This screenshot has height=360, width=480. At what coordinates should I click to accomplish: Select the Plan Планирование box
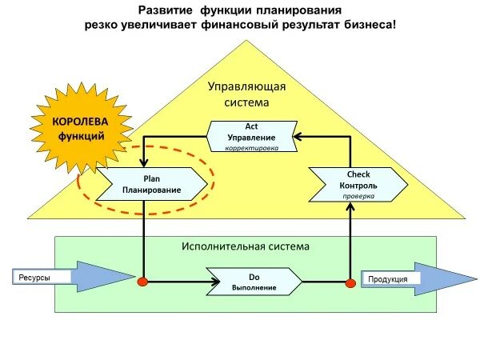[x=151, y=184]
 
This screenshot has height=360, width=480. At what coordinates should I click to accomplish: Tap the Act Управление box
[x=252, y=137]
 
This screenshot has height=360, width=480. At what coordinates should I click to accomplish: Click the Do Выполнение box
[x=254, y=282]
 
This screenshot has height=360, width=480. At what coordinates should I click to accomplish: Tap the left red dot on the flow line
[x=143, y=282]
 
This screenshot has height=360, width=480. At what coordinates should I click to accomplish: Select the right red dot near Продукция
[x=350, y=282]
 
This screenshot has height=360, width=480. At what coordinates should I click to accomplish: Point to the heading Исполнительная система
[x=246, y=246]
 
